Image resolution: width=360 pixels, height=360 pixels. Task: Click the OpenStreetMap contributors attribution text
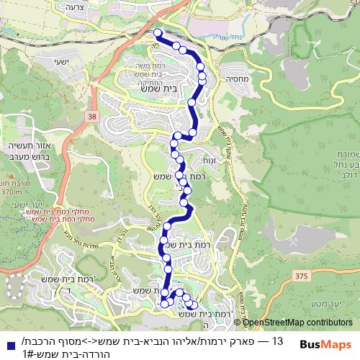297,322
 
